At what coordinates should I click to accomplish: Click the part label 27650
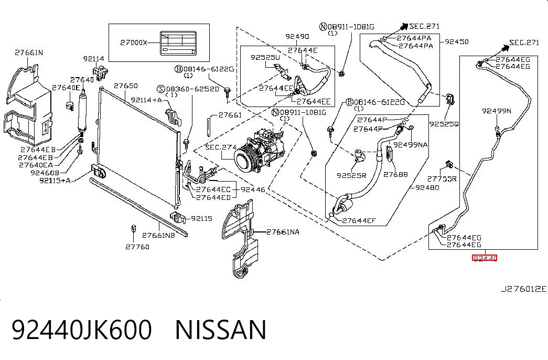coord(125,86)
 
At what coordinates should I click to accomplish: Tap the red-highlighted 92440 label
coord(485,258)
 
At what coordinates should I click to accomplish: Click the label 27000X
coord(134,43)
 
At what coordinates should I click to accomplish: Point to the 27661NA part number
coord(283,232)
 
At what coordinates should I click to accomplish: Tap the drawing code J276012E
coord(523,289)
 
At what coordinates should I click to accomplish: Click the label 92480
coord(427,187)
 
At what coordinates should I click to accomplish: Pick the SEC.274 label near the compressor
coord(221,147)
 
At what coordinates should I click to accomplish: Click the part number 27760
coord(137,247)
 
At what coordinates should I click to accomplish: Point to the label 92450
coord(456,41)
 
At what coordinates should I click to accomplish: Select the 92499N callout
coord(496,111)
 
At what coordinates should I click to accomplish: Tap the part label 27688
coord(395,174)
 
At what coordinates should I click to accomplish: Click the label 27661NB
coord(159,236)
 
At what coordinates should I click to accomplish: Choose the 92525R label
coord(351,175)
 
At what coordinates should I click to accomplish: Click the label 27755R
coord(442,179)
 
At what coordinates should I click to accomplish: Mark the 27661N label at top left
coord(29,52)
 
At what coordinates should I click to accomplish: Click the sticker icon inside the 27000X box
coord(178,43)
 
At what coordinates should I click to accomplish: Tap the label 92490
coord(297,36)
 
